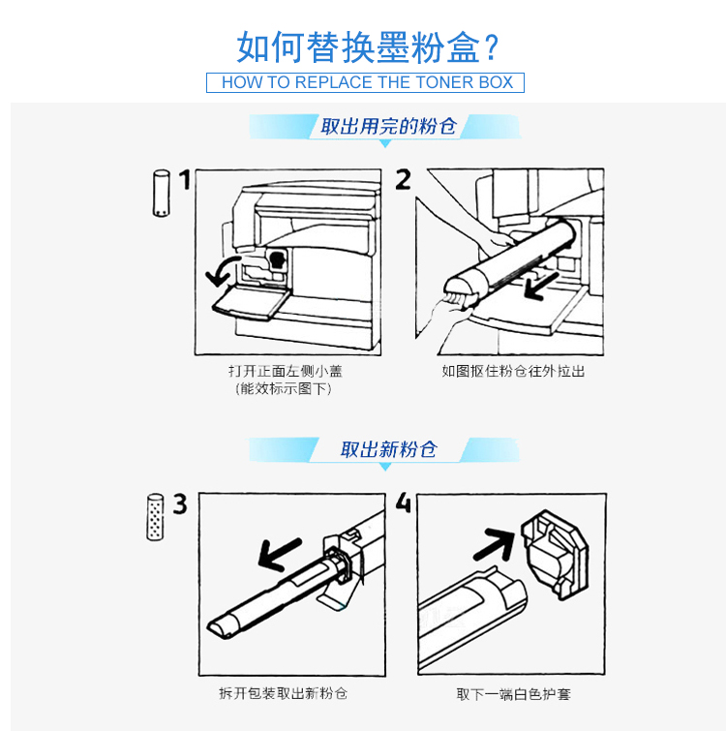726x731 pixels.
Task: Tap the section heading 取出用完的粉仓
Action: [x=388, y=126]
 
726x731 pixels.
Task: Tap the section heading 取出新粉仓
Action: [x=388, y=449]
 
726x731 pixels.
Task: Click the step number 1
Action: [x=186, y=179]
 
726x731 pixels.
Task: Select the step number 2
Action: [x=403, y=179]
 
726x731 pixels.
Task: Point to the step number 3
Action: [x=180, y=504]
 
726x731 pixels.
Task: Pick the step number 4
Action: [x=404, y=503]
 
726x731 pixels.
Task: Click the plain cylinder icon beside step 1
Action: [x=162, y=193]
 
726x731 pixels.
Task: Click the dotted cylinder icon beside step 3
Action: [x=155, y=517]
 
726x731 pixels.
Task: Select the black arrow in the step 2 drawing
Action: [x=540, y=286]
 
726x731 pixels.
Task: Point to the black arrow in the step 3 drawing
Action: [x=279, y=554]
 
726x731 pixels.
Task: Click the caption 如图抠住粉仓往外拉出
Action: [x=513, y=371]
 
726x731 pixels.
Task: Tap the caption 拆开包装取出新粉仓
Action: [x=284, y=693]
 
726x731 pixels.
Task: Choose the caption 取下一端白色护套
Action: [x=513, y=694]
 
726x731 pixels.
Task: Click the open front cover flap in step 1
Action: [x=252, y=303]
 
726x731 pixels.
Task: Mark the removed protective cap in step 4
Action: [x=555, y=554]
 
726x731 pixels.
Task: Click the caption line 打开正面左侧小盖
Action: [x=286, y=371]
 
